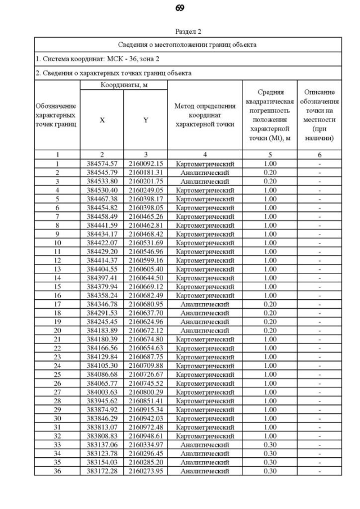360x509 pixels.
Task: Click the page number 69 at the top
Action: (180, 8)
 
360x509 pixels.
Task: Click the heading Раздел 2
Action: (188, 32)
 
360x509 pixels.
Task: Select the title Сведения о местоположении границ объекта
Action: (188, 44)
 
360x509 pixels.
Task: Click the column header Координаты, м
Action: (123, 85)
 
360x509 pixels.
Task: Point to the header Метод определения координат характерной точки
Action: (205, 115)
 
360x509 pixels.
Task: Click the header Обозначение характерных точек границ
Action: (57, 115)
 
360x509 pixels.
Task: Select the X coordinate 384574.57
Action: (102, 164)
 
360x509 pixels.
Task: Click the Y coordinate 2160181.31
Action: (145, 173)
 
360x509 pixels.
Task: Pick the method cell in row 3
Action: (205, 182)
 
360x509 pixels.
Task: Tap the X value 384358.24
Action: (102, 295)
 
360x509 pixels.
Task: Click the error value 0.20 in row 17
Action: (270, 304)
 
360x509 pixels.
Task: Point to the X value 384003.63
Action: (102, 392)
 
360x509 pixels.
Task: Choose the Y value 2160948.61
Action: (145, 436)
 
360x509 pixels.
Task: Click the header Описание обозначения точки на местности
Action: (319, 115)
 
